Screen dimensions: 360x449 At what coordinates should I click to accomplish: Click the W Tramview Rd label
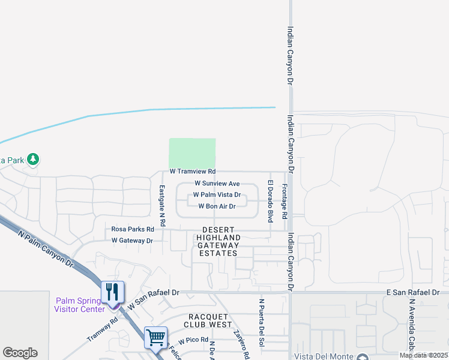coord(192,172)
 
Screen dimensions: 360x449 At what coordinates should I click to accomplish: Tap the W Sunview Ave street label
coord(217,184)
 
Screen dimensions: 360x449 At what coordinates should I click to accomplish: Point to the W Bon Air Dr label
coord(217,206)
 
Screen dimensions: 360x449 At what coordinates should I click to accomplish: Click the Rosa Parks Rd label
coord(133,229)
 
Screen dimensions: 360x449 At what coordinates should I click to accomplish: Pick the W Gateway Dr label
coord(132,241)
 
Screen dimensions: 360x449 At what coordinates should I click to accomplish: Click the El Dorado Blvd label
coord(271,200)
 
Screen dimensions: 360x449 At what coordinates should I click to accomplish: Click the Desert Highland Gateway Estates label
coord(217,242)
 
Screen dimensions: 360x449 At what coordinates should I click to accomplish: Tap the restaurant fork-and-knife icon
coord(112,292)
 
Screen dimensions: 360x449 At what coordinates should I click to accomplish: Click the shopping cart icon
coord(155,337)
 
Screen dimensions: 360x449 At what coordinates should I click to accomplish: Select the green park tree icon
coord(34,159)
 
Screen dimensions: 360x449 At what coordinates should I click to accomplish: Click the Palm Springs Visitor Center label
coord(80,305)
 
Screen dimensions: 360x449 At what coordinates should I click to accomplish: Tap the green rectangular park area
coord(192,153)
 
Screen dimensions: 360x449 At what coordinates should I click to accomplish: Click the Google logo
coord(20,353)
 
